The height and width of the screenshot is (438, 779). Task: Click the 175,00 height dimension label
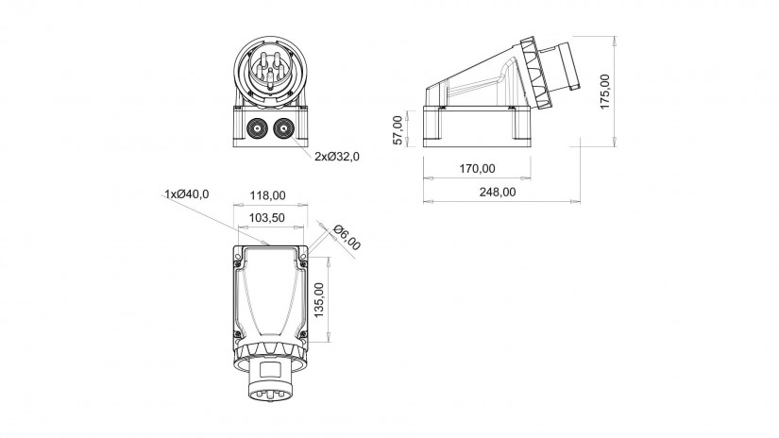point(604,92)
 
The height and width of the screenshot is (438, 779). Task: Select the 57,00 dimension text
point(398,130)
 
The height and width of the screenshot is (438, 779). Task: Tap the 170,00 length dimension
point(477,169)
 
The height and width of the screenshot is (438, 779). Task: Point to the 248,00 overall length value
point(498,193)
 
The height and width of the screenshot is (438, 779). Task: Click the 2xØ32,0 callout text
point(337,157)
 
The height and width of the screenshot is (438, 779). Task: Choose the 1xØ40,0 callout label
point(187,194)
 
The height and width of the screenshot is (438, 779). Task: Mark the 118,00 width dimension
point(268,195)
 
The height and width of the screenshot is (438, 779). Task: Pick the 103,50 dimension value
point(267,218)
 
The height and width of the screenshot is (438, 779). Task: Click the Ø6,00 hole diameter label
point(347,238)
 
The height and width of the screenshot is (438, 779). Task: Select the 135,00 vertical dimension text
point(319,300)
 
